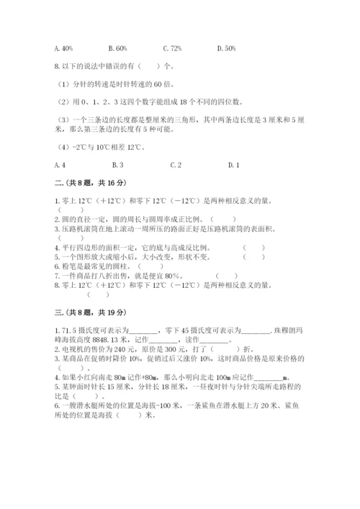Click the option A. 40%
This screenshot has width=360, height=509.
point(63,48)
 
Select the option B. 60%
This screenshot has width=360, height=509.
point(117,48)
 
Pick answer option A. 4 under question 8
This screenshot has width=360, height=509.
point(60,165)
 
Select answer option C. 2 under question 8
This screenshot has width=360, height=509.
point(175,165)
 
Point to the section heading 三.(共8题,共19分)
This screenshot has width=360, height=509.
point(85,312)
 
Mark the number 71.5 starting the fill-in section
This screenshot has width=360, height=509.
point(69,329)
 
